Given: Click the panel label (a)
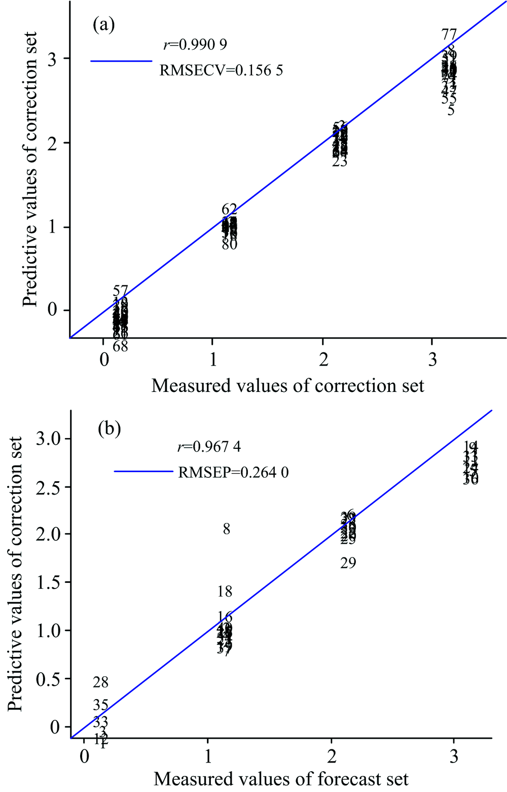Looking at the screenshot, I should click(103, 25).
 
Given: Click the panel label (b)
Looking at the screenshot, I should click(110, 429).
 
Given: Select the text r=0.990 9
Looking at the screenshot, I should click(195, 45).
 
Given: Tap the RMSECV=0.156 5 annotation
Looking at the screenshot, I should click(221, 70).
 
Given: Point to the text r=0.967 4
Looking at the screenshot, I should click(209, 447).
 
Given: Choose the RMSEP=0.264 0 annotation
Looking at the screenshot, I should click(233, 473).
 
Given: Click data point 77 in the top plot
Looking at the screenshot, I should click(449, 35).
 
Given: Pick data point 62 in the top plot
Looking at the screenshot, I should click(229, 209).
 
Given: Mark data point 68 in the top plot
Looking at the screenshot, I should click(120, 347).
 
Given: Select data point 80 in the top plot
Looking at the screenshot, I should click(229, 244).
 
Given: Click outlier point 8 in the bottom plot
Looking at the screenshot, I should click(227, 529).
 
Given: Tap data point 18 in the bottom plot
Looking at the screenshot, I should click(225, 591).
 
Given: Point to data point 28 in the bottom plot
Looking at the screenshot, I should click(101, 682).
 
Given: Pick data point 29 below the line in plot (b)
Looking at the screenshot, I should click(348, 563).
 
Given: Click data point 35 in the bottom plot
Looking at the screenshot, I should click(101, 705).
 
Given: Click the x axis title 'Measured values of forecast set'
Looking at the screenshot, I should click(281, 779).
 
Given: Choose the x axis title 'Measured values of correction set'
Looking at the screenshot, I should click(287, 386).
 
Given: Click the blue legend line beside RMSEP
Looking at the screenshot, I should click(144, 472).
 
